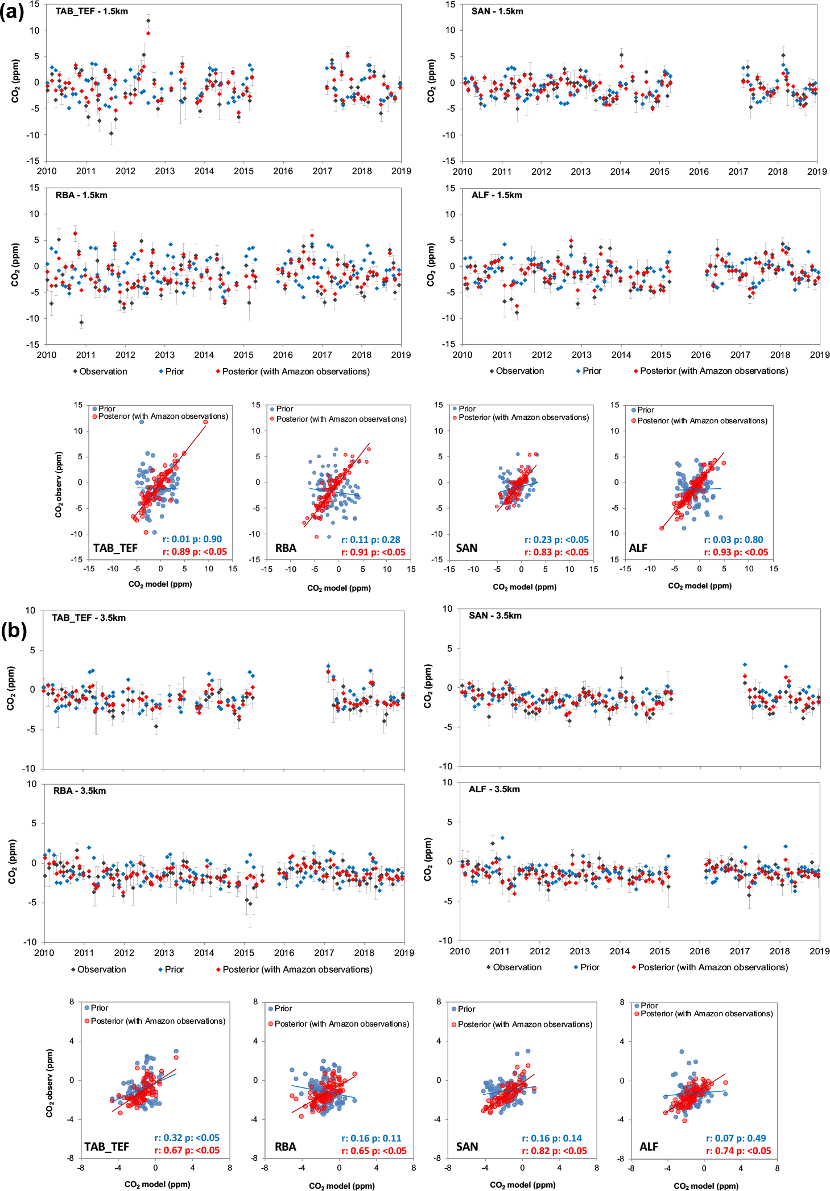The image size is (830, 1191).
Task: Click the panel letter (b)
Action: (x=14, y=630)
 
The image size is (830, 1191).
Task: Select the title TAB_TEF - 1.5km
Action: (x=92, y=11)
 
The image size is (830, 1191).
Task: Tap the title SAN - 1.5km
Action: (x=497, y=11)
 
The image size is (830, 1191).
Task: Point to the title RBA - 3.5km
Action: (x=80, y=790)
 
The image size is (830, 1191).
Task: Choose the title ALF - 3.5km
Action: (x=494, y=789)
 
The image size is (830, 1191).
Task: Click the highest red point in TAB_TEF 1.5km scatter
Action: (x=205, y=422)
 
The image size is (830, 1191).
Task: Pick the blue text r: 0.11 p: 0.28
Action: (x=370, y=539)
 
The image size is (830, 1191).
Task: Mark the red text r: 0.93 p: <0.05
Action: (x=736, y=552)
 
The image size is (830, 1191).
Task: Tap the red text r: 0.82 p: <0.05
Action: (x=554, y=1151)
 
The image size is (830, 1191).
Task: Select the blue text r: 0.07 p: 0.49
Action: (x=736, y=1138)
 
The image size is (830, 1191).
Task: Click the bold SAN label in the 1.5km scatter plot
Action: (x=466, y=548)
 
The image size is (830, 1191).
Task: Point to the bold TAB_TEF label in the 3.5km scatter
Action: (x=107, y=1147)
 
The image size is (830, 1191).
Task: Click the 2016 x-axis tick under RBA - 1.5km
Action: (x=283, y=355)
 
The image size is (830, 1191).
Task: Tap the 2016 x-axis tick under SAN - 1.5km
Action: (x=699, y=171)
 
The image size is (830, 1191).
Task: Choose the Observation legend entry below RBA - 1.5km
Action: (x=103, y=372)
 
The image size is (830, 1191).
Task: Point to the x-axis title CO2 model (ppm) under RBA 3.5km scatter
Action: (x=341, y=1186)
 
